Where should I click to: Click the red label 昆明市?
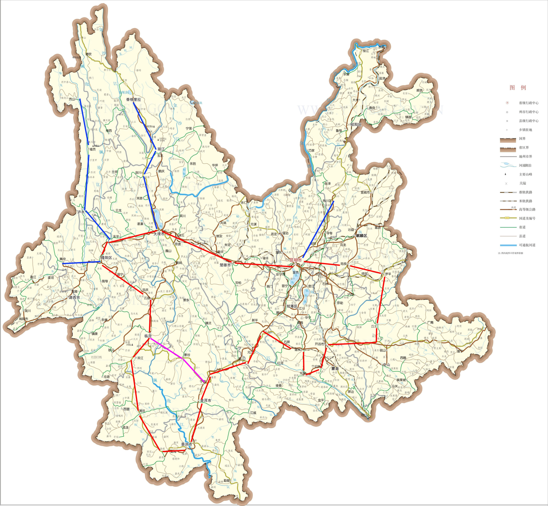tap(296, 260)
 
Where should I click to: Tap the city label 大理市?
tap(159, 234)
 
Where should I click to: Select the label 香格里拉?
tap(134, 99)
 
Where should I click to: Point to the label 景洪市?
tap(187, 444)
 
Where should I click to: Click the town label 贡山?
tap(72, 99)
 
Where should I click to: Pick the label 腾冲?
tap(63, 259)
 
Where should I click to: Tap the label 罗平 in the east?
tap(388, 274)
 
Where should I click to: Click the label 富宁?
tap(460, 351)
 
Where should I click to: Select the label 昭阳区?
tap(356, 124)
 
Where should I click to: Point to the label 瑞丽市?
tap(24, 319)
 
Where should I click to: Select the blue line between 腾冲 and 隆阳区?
tap(81, 263)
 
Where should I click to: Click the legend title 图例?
tap(518, 88)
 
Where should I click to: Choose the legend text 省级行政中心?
tap(528, 103)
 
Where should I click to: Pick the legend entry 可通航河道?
tap(527, 245)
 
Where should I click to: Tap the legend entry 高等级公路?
tap(527, 209)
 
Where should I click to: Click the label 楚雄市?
tap(225, 265)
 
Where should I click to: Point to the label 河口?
tap(364, 415)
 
